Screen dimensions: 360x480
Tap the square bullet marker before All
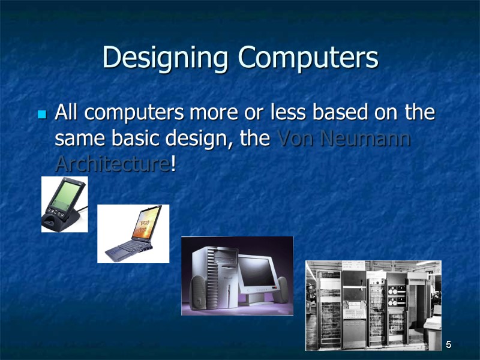coord(42,113)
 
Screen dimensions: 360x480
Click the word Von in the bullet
coord(296,139)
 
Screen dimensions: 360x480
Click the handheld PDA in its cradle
coord(64,204)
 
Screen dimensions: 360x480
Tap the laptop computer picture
coord(133,233)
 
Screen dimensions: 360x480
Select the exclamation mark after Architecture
coord(173,163)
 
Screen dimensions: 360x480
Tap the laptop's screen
coord(143,226)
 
